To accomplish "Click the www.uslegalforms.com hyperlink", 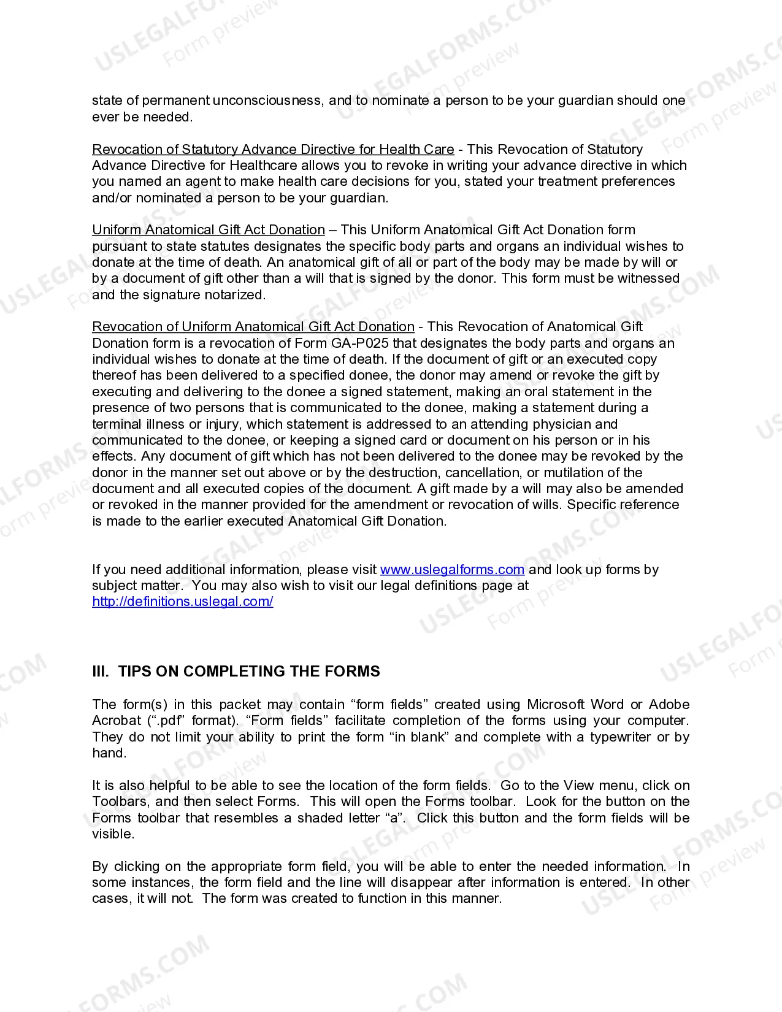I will click(x=452, y=569).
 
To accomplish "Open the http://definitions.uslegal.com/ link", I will click(x=182, y=601).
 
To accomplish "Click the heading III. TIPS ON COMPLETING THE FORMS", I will click(x=236, y=671).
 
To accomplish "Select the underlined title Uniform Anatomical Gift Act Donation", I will click(x=208, y=229).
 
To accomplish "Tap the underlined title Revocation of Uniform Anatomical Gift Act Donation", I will click(x=253, y=326).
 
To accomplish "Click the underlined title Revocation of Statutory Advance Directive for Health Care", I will click(x=273, y=149).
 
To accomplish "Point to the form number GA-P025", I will click(x=360, y=343).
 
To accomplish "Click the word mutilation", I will click(x=573, y=472).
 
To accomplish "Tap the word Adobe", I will click(x=669, y=704).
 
